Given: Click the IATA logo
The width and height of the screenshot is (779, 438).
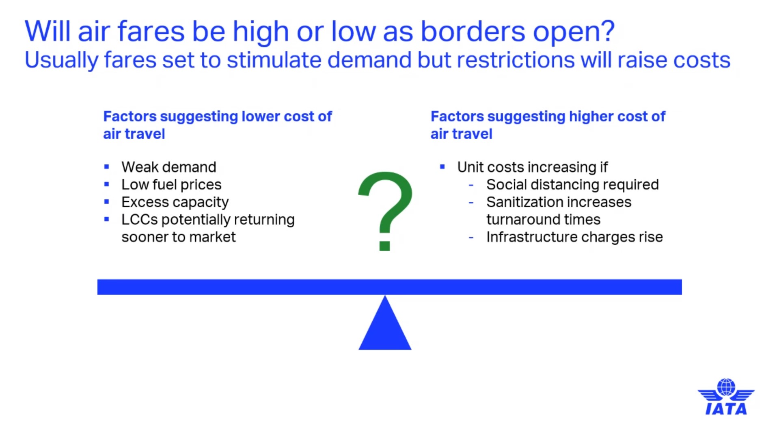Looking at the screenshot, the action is (726, 397).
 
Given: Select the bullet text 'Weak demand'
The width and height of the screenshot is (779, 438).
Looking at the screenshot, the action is (169, 167).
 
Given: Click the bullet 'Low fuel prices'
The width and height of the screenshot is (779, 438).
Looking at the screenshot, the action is (171, 185).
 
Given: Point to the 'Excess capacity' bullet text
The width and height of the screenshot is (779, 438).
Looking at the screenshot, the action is (175, 202).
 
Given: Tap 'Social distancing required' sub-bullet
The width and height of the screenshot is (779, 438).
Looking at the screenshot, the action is (572, 185).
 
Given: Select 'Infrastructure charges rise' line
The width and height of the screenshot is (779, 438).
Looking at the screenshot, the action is (574, 237).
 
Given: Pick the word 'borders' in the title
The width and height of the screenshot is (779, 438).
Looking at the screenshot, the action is (473, 31).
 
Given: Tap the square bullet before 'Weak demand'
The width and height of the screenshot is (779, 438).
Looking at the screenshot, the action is (107, 166).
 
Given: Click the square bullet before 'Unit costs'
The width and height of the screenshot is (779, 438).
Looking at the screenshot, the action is (442, 166).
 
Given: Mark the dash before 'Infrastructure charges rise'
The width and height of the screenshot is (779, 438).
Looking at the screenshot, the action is (471, 237).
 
